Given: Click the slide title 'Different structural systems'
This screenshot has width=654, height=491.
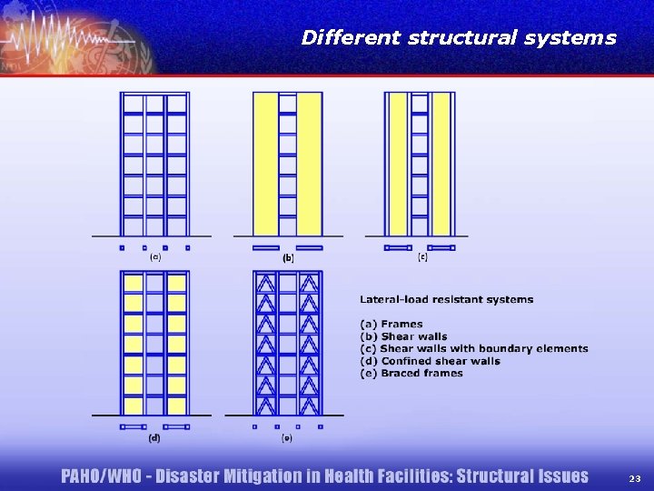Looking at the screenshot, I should (x=458, y=38).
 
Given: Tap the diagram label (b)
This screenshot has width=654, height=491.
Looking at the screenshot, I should (x=288, y=258).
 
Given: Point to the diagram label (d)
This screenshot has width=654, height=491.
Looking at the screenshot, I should (x=154, y=437).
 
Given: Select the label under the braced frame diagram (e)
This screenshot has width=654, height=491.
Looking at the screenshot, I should (x=287, y=437).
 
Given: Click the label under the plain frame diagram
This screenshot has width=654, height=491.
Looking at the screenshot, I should (x=155, y=257).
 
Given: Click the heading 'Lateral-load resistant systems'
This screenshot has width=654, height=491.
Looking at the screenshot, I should (x=446, y=299).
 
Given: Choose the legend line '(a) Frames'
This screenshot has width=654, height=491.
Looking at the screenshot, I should (x=391, y=324).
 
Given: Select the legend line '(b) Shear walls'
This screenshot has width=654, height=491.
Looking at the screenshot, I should (x=403, y=336).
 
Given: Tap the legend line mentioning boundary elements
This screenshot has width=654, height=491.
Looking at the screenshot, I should (x=473, y=348).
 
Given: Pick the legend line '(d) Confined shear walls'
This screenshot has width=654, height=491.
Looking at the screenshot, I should (x=430, y=361).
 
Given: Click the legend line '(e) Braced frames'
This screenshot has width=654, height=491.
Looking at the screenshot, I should (x=411, y=373).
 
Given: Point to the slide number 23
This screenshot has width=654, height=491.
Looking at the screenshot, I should (x=634, y=478).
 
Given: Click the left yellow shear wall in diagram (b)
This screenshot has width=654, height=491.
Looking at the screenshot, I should (x=265, y=164).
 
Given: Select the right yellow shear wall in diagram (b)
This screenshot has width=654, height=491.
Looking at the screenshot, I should (x=310, y=164).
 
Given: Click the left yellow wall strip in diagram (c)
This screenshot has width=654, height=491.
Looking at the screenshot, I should (x=398, y=164).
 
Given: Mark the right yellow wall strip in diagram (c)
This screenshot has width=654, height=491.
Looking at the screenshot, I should (x=441, y=164).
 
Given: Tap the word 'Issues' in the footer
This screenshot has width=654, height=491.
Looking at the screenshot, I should (x=559, y=476).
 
